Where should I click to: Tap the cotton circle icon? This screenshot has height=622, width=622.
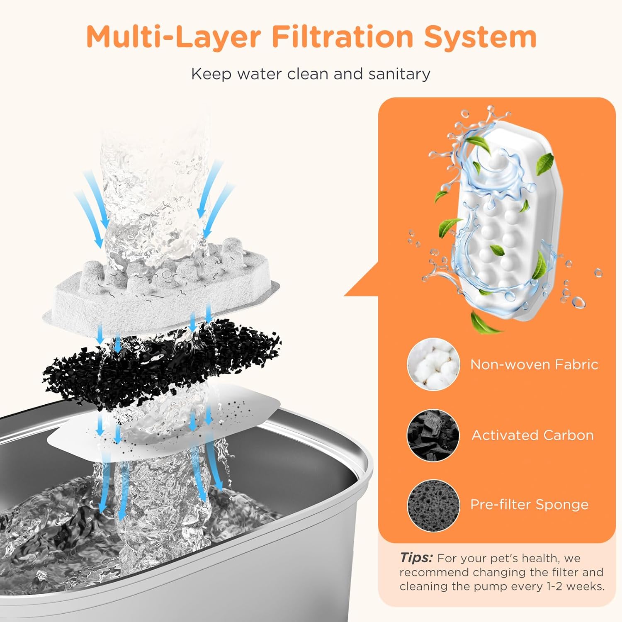coord(433,364)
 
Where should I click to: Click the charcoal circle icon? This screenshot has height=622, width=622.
coord(433,435)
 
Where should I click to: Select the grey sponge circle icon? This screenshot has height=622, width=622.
coord(433,505)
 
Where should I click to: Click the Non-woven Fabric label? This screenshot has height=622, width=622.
coord(534,364)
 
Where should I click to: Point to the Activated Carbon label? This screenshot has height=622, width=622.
coord(532,435)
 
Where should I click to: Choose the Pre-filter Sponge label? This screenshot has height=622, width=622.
coord(529,505)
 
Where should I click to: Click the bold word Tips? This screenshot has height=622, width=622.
coord(416,558)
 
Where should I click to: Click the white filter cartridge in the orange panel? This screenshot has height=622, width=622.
coord(502,224)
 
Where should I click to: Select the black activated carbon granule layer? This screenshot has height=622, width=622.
coord(162,365)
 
